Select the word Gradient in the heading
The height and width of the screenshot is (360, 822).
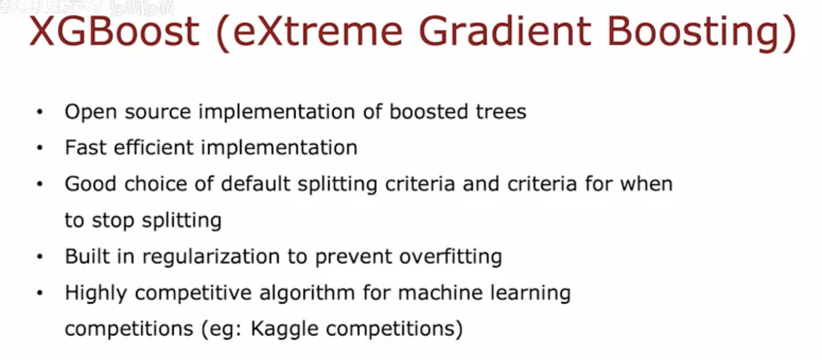click(505, 31)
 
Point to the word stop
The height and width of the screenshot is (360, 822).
click(113, 220)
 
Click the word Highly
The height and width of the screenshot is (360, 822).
click(95, 293)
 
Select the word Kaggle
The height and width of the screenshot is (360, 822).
click(284, 329)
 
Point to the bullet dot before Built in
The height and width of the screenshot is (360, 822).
click(40, 257)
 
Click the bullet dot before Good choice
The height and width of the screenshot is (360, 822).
click(40, 185)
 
